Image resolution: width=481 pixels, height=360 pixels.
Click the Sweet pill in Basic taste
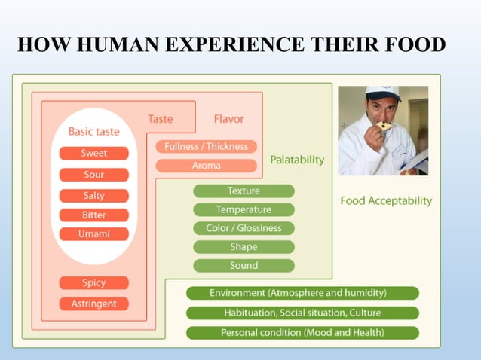pos(94,154)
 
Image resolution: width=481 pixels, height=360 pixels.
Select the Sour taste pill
pos(94,175)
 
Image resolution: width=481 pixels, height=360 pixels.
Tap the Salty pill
pos(94,196)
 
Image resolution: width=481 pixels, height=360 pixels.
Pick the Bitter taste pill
pos(94,215)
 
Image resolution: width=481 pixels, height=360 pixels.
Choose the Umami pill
pos(94,234)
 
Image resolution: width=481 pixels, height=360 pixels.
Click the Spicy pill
pos(94,283)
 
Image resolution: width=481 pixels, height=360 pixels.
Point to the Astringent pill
pos(94,304)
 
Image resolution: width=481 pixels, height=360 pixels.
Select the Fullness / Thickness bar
pos(207,146)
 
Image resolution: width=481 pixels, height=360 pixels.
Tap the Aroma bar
pos(207,166)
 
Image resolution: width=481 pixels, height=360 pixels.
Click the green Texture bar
pos(244,191)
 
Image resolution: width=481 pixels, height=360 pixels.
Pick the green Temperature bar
pos(244,209)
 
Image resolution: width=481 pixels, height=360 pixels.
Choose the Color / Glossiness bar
pos(244,228)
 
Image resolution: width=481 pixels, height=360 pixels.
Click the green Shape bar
pos(244,247)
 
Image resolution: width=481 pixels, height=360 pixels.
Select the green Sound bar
pos(244,266)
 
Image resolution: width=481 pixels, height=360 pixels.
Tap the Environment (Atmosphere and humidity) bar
pos(302,293)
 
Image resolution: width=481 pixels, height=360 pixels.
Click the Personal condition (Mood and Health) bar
pos(302,332)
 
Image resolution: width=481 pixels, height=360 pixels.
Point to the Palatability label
pos(297,160)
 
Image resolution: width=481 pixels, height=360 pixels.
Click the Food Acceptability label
pos(386,201)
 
